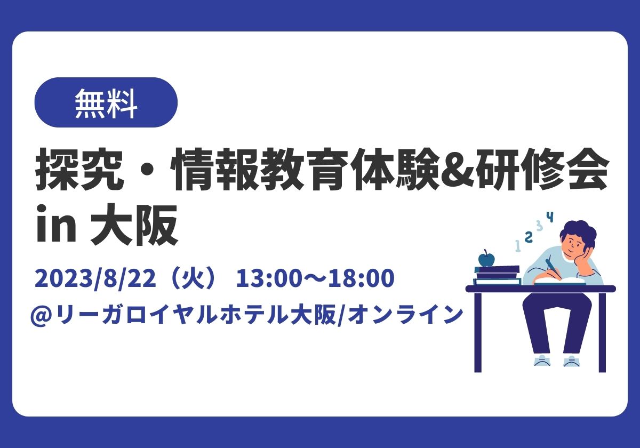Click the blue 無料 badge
[106, 102]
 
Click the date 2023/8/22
[95, 278]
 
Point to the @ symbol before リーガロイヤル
[43, 316]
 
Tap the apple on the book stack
[486, 258]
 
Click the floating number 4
[550, 217]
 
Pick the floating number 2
[529, 237]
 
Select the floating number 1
[518, 245]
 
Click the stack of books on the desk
[497, 275]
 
